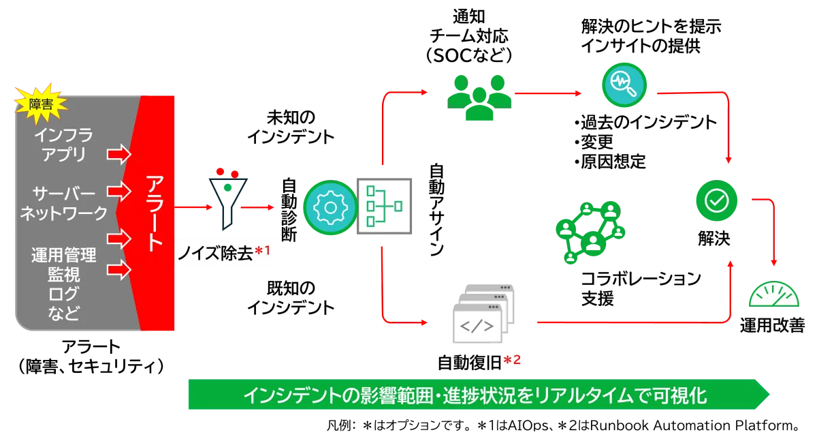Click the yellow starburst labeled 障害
[x=39, y=104]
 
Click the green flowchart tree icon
[x=384, y=205]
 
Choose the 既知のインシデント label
[x=291, y=297]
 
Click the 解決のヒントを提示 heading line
[x=651, y=27]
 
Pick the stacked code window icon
[x=480, y=318]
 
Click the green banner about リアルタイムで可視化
[x=477, y=395]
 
